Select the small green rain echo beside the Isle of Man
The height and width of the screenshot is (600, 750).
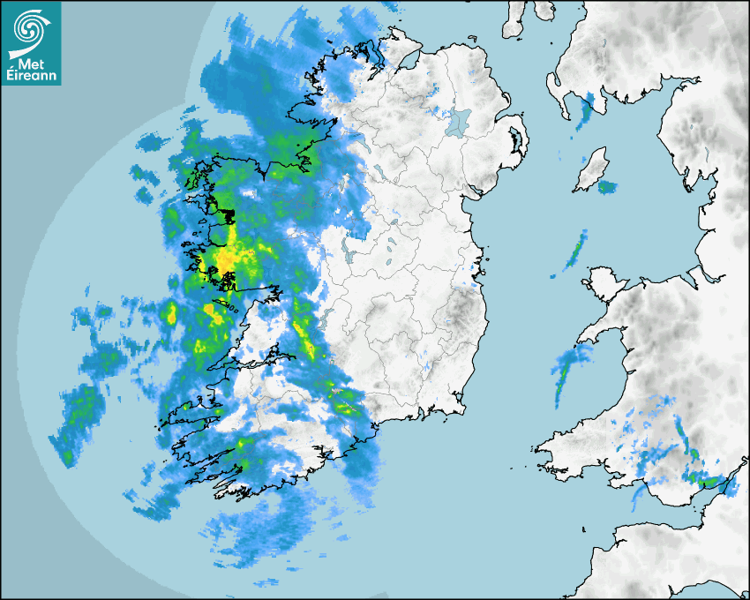point(608,187)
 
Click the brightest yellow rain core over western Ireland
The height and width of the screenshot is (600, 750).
point(225,260)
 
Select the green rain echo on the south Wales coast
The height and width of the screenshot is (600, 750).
point(709,481)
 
